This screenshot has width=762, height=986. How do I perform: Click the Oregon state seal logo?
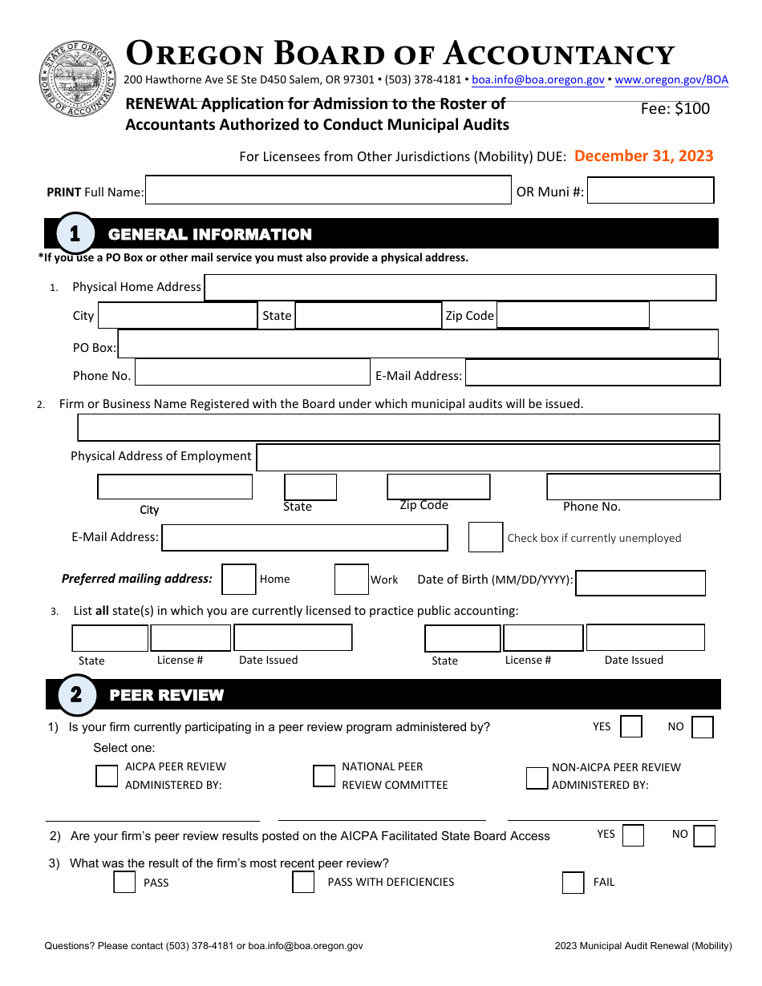[x=78, y=79]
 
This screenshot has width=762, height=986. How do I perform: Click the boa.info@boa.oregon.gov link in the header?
[x=537, y=79]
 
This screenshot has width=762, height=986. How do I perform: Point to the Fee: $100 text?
[x=675, y=108]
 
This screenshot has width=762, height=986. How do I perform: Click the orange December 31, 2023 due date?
[x=643, y=156]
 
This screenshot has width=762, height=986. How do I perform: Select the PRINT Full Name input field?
[x=328, y=191]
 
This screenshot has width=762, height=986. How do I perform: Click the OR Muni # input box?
[x=651, y=191]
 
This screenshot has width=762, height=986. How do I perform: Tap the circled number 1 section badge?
[x=75, y=233]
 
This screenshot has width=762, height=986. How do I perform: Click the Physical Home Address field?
[x=460, y=287]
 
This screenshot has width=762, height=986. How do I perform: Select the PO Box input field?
[x=417, y=344]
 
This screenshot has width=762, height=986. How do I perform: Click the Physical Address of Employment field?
[x=488, y=457]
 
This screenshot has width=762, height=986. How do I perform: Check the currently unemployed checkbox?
[x=485, y=537]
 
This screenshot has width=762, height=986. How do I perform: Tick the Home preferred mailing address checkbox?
[x=238, y=579]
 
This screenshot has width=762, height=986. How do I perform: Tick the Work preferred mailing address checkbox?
[x=351, y=579]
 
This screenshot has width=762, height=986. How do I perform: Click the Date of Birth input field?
[x=640, y=583]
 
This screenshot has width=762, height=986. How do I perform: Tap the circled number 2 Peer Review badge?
[x=75, y=694]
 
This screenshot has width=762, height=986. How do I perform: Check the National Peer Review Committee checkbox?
[x=324, y=776]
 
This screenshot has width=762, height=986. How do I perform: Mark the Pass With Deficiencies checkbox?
[x=303, y=883]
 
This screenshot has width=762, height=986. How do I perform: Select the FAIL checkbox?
[x=573, y=883]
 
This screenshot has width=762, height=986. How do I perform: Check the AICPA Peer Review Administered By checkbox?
[x=107, y=776]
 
